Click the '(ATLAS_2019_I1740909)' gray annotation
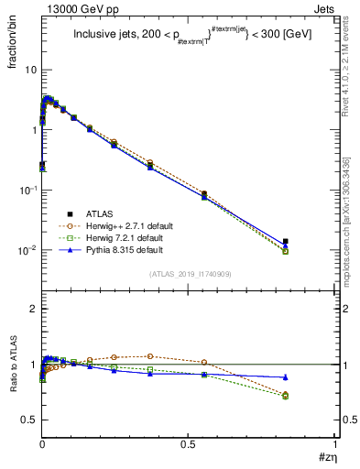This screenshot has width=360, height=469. click(190, 275)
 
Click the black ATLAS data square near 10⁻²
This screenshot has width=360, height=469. click(286, 242)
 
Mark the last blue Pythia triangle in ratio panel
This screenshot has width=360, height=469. click(286, 376)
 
